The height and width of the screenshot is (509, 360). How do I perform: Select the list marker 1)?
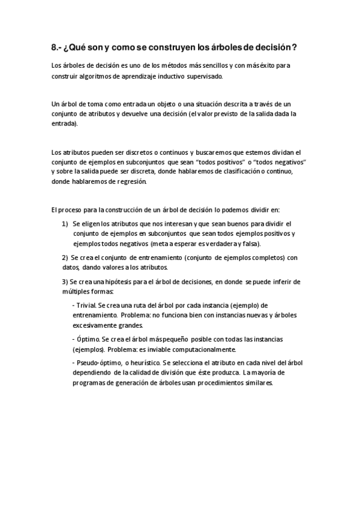[65, 223]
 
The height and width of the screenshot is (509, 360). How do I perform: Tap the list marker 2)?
[65, 258]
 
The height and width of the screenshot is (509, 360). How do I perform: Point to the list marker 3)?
[65, 282]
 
